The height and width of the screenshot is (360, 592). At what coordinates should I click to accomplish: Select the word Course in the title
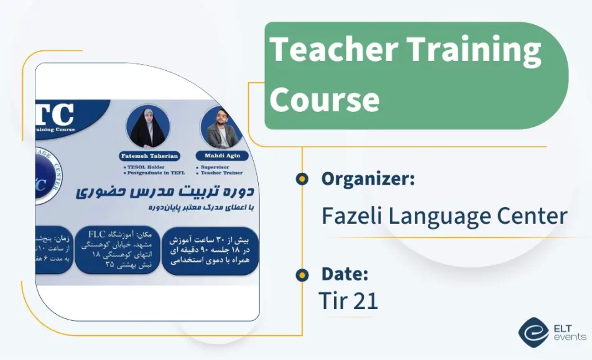[x=325, y=99]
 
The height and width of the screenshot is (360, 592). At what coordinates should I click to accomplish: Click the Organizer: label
[x=368, y=179]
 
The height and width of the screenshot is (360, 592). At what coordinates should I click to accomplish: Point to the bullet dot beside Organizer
[x=302, y=179]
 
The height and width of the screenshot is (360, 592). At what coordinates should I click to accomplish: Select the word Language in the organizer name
[x=439, y=216]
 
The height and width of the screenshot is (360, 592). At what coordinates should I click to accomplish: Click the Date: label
[x=345, y=274]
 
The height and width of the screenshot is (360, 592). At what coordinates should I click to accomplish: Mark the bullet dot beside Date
[x=302, y=274]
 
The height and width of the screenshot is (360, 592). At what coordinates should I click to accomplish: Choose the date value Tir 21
[x=348, y=301]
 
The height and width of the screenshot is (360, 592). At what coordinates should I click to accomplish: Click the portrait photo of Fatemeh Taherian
[x=147, y=126]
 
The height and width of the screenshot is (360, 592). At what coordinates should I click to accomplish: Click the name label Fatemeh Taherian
[x=149, y=156]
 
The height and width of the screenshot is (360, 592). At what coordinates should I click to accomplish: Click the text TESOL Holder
[x=144, y=167]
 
